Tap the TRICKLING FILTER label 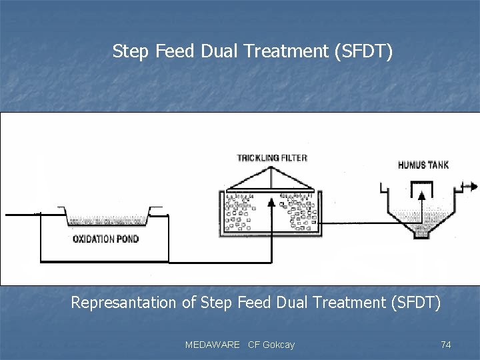[272, 158]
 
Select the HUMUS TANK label [423, 165]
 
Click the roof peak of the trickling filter [271, 167]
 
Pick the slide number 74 [446, 345]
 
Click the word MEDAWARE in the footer [212, 345]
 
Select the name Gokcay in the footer [279, 345]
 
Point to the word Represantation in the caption [124, 303]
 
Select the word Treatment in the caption [351, 303]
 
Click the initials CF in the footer [253, 345]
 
